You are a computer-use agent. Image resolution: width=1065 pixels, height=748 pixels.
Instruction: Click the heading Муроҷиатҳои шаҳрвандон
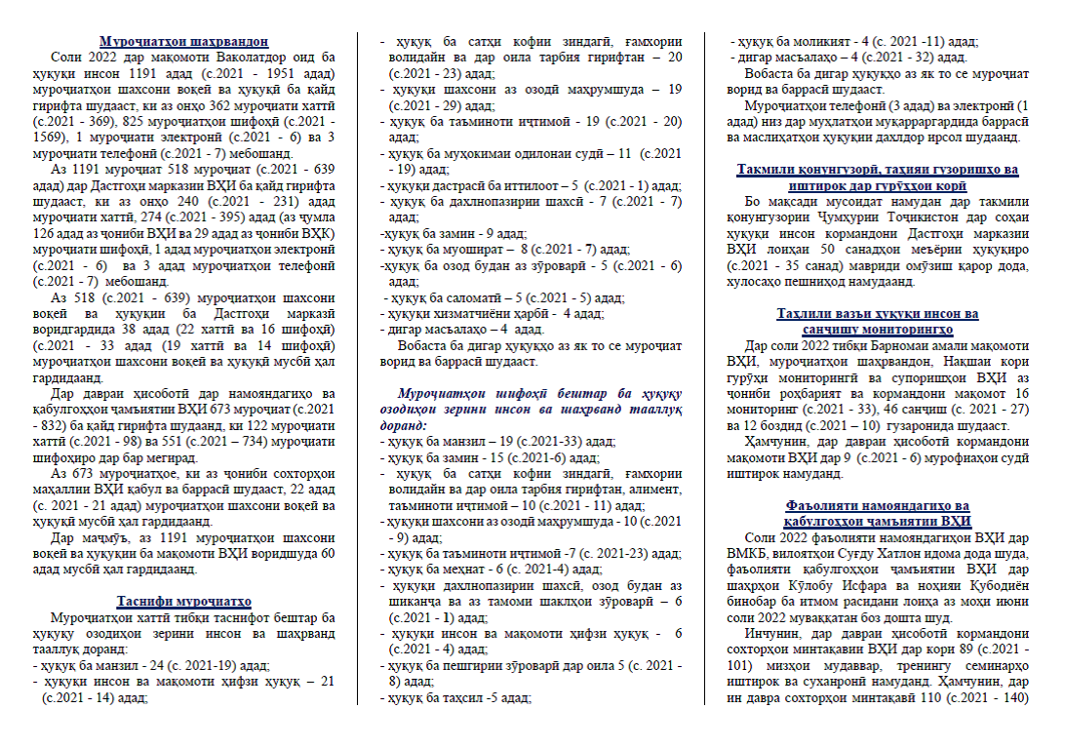183,41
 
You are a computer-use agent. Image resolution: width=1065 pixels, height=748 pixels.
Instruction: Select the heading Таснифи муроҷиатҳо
183,601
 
